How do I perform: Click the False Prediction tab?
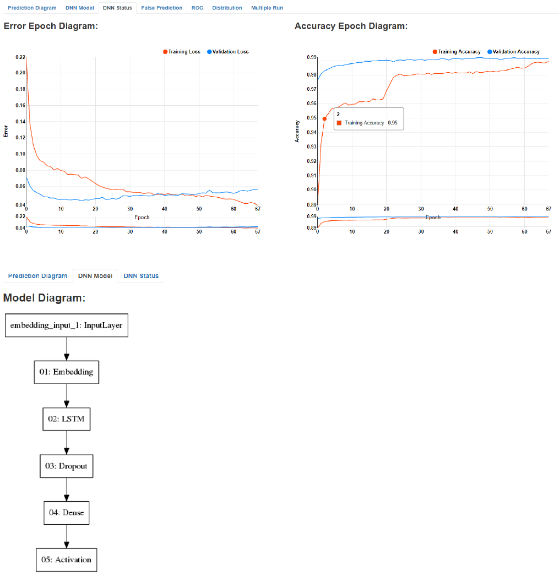pos(161,8)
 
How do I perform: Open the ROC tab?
pos(197,8)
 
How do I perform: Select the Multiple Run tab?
pos(267,8)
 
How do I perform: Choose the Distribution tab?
pos(227,8)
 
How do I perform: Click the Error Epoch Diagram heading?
pos(51,26)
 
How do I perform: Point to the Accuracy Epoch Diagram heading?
pos(351,26)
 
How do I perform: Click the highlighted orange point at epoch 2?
pos(324,118)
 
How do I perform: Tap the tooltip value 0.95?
pos(393,123)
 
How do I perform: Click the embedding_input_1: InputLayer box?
pos(67,325)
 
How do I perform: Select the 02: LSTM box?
pos(67,419)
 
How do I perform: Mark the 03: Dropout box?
pos(67,466)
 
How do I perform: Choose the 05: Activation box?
pos(67,560)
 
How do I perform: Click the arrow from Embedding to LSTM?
pos(67,395)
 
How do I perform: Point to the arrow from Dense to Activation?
pos(67,536)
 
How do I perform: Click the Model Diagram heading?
pos(44,298)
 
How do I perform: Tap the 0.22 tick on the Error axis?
pos(20,57)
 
